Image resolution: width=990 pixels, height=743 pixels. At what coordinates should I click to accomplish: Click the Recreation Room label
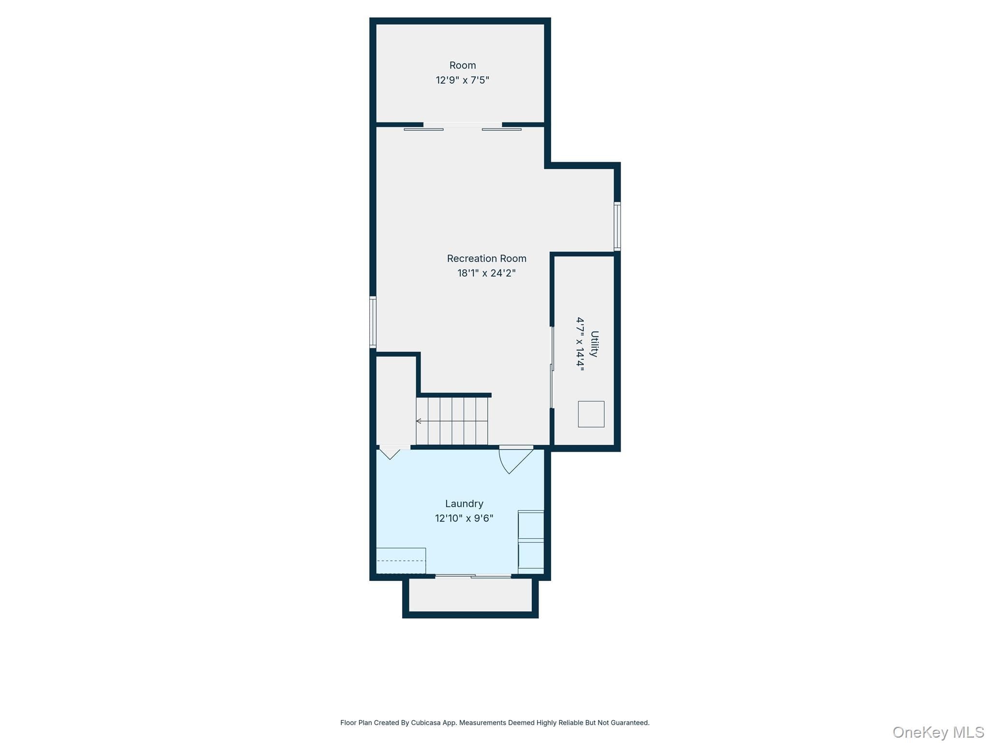click(x=486, y=259)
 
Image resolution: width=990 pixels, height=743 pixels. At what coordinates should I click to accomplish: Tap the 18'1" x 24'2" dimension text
click(x=486, y=273)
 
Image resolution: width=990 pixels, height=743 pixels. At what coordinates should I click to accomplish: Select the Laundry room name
click(x=464, y=504)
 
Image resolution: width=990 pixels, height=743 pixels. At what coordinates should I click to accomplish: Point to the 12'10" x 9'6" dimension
click(x=464, y=519)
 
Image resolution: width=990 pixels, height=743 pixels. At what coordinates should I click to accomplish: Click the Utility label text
click(x=595, y=344)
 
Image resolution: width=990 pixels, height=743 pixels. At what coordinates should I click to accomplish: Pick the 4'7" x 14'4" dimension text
click(x=580, y=344)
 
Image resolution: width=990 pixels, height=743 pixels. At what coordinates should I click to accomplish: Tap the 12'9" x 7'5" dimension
click(x=463, y=80)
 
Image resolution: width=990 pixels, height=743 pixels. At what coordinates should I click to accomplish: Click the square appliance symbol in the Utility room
click(x=591, y=414)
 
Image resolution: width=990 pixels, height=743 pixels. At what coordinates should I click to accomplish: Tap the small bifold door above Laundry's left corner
click(x=391, y=452)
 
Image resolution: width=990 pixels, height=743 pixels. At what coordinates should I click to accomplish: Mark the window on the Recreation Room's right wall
click(x=617, y=226)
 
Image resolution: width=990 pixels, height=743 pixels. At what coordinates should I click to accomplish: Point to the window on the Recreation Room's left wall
click(x=373, y=322)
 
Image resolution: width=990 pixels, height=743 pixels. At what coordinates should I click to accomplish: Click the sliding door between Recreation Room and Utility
click(x=552, y=368)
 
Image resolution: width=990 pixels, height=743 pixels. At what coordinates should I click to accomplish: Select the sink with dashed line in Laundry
click(x=401, y=561)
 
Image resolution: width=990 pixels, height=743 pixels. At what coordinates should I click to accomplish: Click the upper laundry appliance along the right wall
click(x=531, y=525)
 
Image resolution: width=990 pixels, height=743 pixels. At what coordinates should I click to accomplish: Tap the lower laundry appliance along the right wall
click(x=531, y=555)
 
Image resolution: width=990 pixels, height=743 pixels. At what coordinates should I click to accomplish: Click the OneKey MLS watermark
click(x=938, y=732)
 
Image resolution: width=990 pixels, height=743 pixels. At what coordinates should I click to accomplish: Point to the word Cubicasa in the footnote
click(x=426, y=723)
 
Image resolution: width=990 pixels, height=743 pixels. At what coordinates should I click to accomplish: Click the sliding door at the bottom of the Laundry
click(x=473, y=576)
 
